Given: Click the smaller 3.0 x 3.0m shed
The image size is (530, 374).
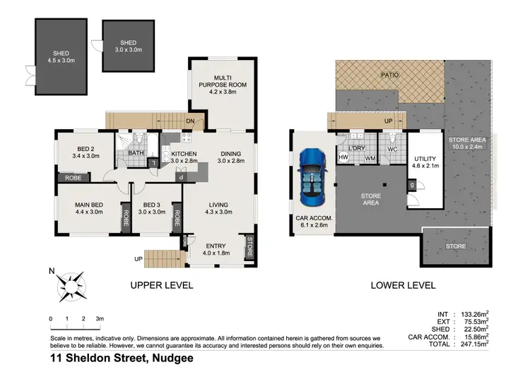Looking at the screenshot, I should [129, 45].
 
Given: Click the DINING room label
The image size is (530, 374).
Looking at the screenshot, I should [230, 154].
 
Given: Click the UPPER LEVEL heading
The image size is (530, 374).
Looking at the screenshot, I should [161, 286].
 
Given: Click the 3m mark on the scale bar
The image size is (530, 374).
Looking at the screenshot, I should [100, 320].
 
